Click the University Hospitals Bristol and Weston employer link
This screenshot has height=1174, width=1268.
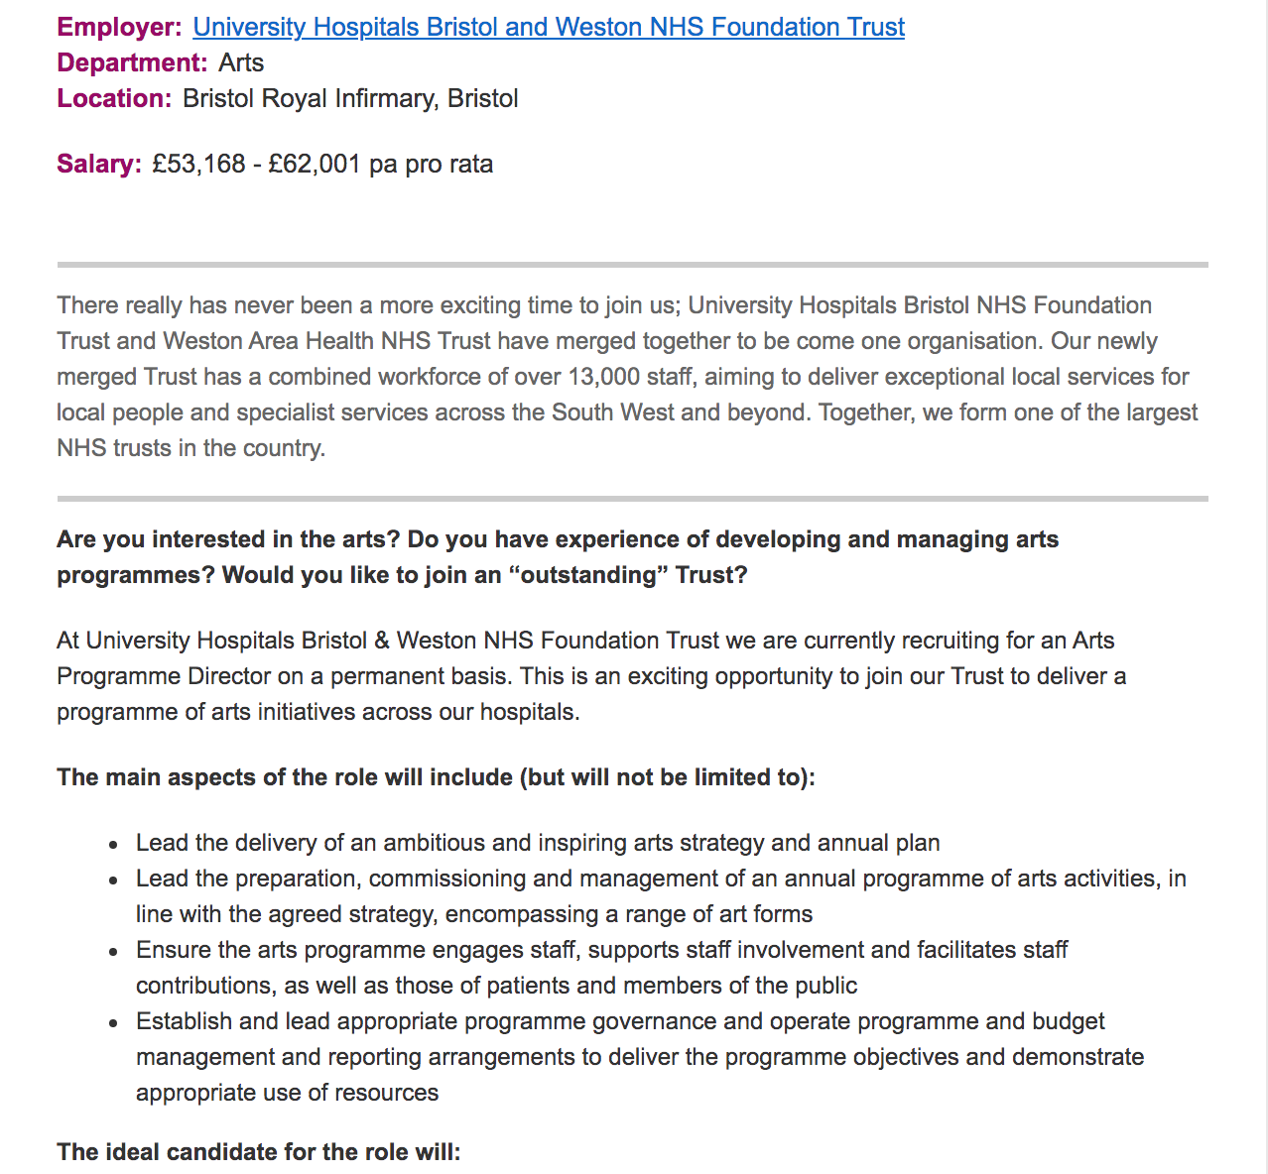click(548, 27)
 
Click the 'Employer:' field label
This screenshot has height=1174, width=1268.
click(119, 27)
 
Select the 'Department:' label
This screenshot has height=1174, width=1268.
click(132, 62)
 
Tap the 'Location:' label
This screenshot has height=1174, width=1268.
click(114, 98)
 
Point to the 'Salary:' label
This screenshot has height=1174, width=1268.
click(99, 164)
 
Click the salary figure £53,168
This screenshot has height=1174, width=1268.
click(198, 164)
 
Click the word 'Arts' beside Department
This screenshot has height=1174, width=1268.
click(241, 62)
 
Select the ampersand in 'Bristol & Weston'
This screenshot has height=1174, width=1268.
click(382, 641)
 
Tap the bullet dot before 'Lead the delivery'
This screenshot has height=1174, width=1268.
click(115, 845)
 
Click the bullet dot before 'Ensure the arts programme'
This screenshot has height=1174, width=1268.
click(115, 952)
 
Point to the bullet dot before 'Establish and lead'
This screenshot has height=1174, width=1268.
click(115, 1023)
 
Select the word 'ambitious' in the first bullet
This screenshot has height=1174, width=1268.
click(434, 843)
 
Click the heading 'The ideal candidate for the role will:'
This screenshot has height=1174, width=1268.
click(259, 1152)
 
